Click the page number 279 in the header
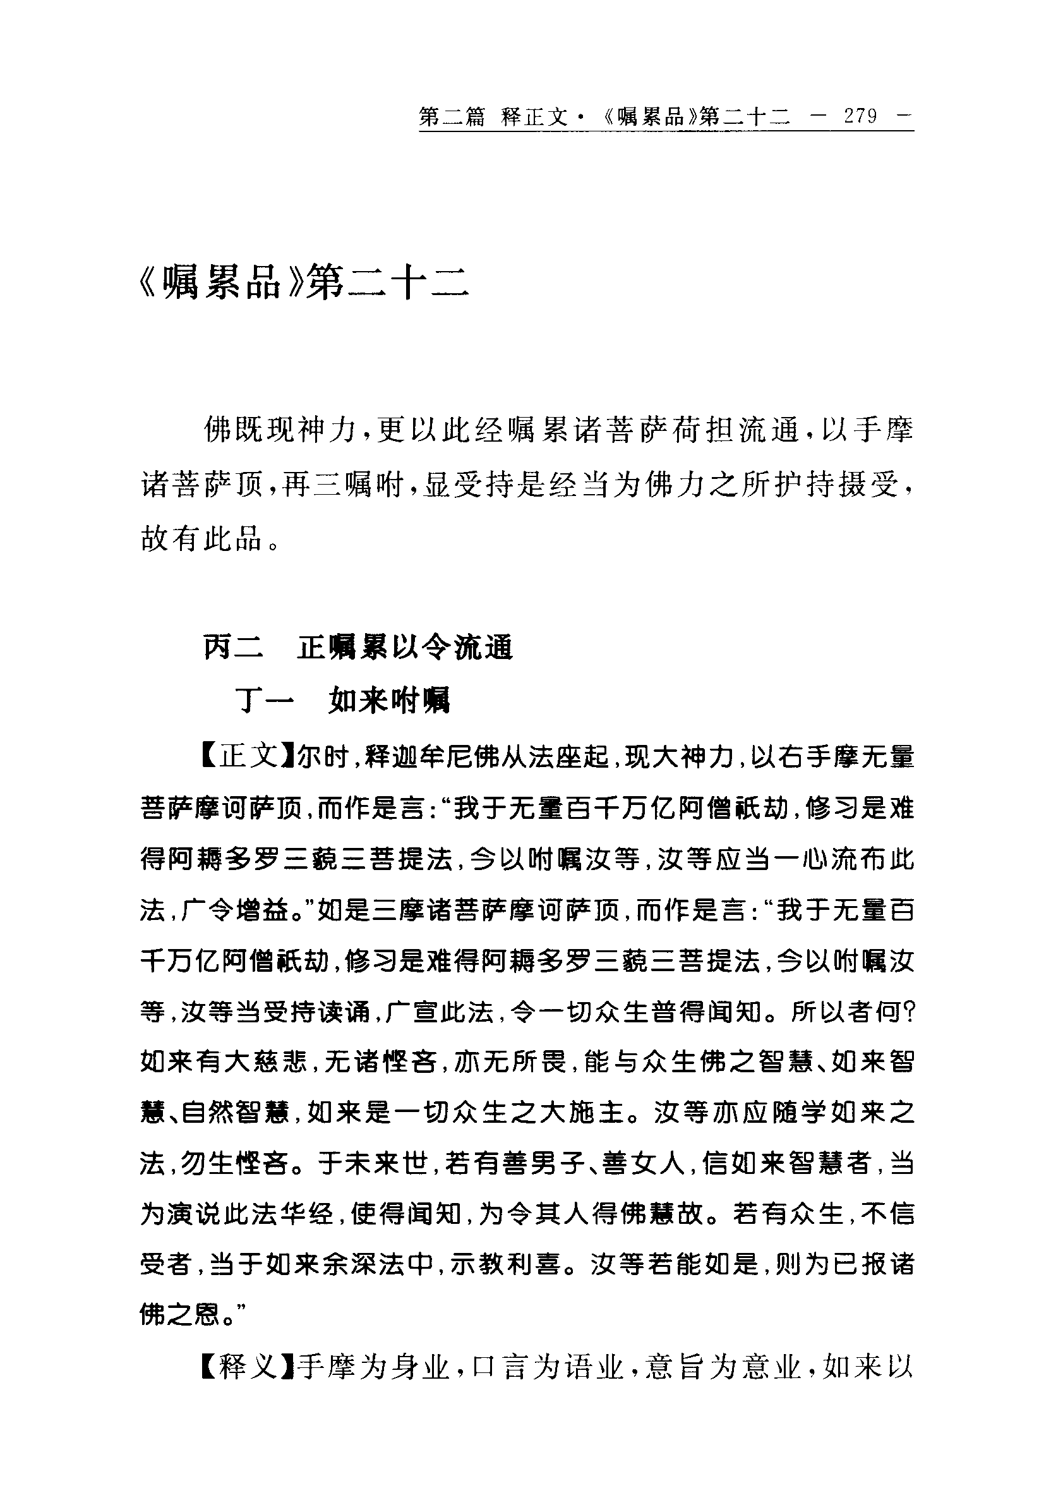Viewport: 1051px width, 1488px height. pos(860,116)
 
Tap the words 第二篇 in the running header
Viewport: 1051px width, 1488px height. pos(452,118)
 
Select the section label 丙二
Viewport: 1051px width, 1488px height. pos(233,648)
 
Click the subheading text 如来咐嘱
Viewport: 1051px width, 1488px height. pos(389,701)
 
